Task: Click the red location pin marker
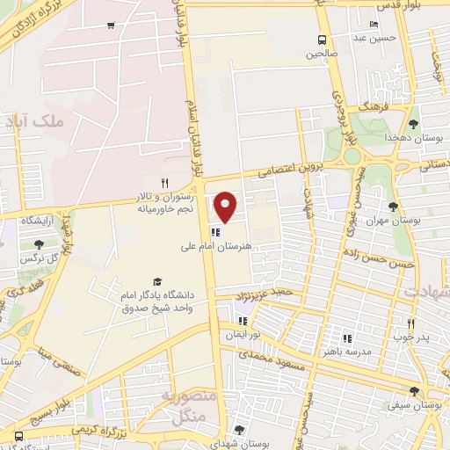[226, 206]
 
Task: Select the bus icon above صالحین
[323, 39]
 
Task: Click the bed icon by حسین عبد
[375, 25]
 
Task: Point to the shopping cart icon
[110, 25]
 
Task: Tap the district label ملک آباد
[35, 123]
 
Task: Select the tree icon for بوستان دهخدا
[414, 123]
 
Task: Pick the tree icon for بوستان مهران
[393, 207]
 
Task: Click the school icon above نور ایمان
[243, 322]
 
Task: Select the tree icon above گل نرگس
[39, 245]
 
